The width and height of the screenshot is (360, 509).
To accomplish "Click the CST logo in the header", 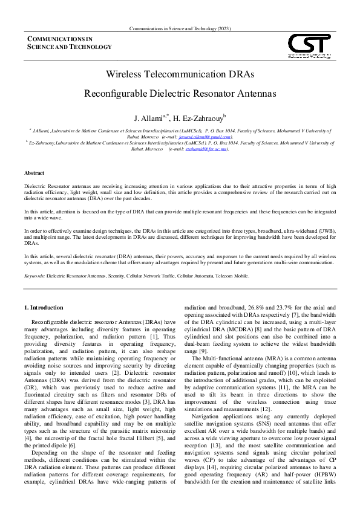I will coord(309,46).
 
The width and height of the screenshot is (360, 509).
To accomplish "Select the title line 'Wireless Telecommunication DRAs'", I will coord(180,74).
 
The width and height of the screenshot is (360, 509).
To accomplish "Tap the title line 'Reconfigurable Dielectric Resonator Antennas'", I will coord(180,94).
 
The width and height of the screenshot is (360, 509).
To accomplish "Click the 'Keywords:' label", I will coord(35,275).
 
